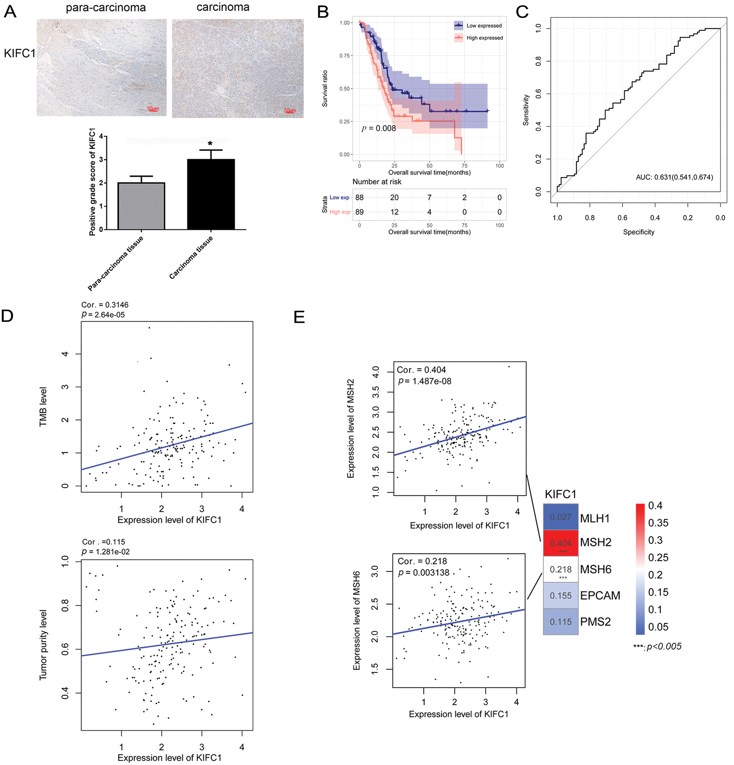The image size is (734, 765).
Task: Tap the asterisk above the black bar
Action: pyautogui.click(x=210, y=144)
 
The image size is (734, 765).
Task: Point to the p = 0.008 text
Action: pyautogui.click(x=378, y=128)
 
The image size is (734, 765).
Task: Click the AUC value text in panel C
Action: pyautogui.click(x=674, y=177)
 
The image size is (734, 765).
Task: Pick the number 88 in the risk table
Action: pyautogui.click(x=359, y=197)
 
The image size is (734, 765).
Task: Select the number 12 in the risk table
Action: pyautogui.click(x=394, y=212)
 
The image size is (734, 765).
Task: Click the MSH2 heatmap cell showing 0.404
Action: pyautogui.click(x=560, y=543)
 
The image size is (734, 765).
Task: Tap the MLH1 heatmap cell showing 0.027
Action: pyautogui.click(x=560, y=517)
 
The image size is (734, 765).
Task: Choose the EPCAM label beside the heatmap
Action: pyautogui.click(x=600, y=595)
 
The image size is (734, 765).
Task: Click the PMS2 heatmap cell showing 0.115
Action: pyautogui.click(x=560, y=622)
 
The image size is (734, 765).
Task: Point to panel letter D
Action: pyautogui.click(x=7, y=316)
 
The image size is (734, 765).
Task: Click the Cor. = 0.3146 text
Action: pyautogui.click(x=105, y=305)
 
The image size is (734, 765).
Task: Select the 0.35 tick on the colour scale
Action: pyautogui.click(x=658, y=522)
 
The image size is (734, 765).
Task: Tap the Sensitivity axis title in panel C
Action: pyautogui.click(x=526, y=110)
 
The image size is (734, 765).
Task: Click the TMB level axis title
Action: pyautogui.click(x=43, y=407)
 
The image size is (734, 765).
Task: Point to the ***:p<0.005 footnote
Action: pyautogui.click(x=657, y=646)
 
